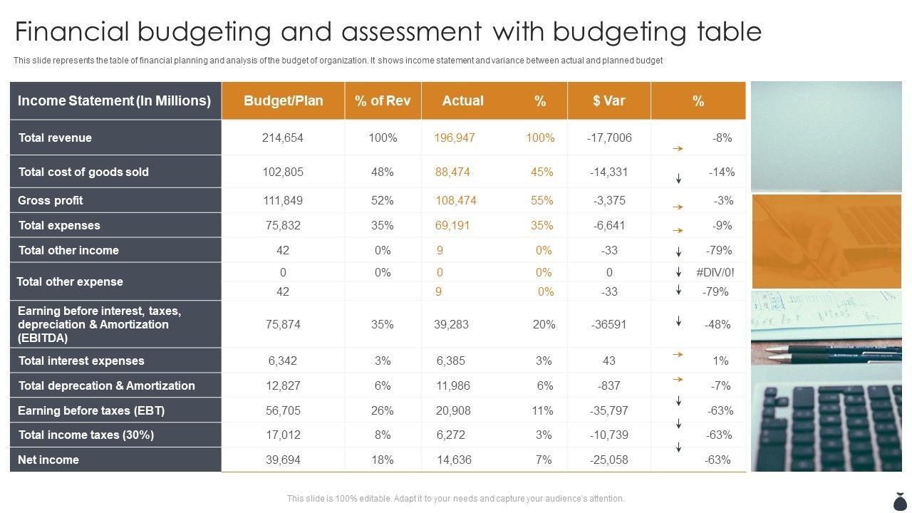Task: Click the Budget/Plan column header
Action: [x=283, y=101]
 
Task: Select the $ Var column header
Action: [x=608, y=101]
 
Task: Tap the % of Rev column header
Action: [x=383, y=101]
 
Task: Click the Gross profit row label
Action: [x=51, y=201]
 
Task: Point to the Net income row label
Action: [x=48, y=460]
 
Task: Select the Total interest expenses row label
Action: [x=81, y=361]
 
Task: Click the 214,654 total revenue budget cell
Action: [x=283, y=138]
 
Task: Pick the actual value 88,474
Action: [x=452, y=172]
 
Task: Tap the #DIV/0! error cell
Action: [x=715, y=273]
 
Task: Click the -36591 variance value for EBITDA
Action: [x=608, y=325]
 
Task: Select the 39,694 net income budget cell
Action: [x=283, y=460]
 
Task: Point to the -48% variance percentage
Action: [x=717, y=325]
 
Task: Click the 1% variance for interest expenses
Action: [x=720, y=361]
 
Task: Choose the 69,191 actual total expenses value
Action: [x=452, y=226]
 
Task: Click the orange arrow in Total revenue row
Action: [x=678, y=149]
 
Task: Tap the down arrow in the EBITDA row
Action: [x=679, y=321]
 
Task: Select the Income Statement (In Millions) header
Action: [x=114, y=101]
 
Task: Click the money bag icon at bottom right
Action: [x=898, y=501]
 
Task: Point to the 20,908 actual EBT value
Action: [x=453, y=411]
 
